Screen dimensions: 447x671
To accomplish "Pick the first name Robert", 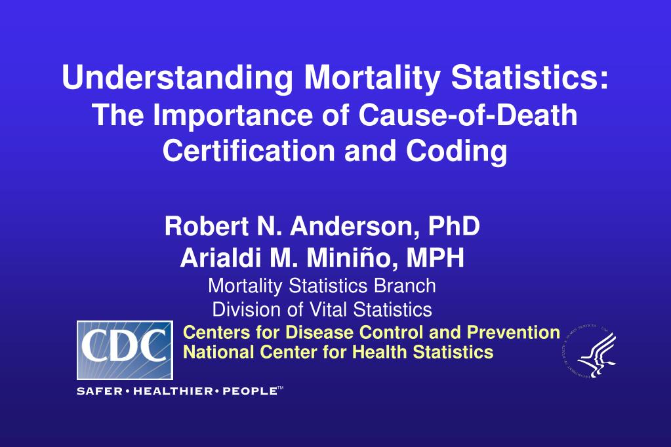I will click(x=201, y=226).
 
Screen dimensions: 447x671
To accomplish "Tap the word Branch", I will click(x=409, y=286).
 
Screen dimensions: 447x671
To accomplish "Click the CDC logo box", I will click(x=125, y=350).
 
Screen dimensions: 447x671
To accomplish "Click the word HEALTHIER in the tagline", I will click(x=173, y=391).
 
